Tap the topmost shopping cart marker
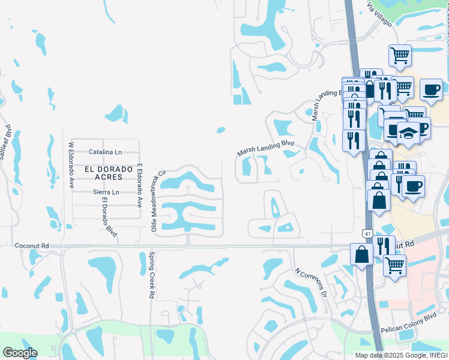pyautogui.click(x=400, y=56)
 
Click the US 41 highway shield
pyautogui.click(x=366, y=232)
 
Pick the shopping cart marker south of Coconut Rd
pyautogui.click(x=394, y=265)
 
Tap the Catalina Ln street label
pyautogui.click(x=105, y=152)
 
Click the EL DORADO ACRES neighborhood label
pyautogui.click(x=108, y=173)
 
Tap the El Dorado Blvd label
pyautogui.click(x=109, y=217)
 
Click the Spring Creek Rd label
pyautogui.click(x=151, y=276)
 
